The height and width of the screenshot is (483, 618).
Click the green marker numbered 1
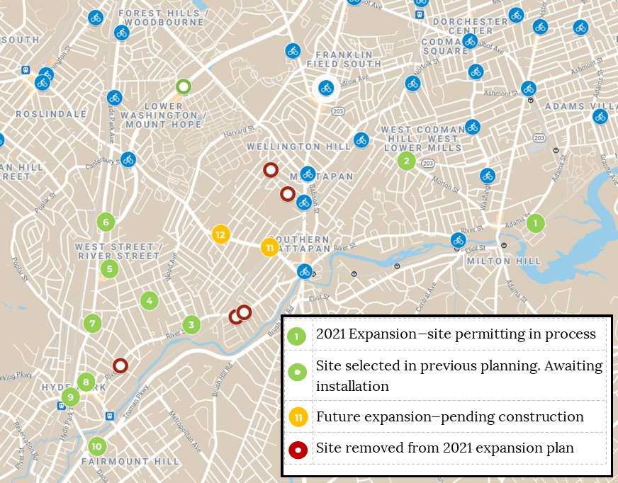coord(535,223)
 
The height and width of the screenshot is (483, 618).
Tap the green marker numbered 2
coord(406,161)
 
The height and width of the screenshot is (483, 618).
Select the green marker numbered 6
coord(106,222)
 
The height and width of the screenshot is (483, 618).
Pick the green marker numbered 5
coord(109,268)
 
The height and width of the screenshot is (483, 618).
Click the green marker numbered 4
coord(149,300)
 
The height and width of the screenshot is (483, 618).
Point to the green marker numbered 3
coord(191,325)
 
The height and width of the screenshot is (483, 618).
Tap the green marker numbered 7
coord(92,324)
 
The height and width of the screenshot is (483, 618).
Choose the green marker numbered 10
coord(97,446)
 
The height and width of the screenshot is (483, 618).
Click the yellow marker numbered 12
coord(220,234)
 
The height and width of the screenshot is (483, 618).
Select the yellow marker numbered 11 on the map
coord(269,247)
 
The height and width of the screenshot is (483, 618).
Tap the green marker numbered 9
coord(69,397)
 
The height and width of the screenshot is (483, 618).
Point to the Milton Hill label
coord(498,261)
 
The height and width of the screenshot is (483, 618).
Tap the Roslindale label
coord(51,114)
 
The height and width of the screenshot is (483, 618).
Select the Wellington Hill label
coord(298,147)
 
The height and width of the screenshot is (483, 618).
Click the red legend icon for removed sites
coord(298,448)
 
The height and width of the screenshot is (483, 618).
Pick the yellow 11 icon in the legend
coord(298,417)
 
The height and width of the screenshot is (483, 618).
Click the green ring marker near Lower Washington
coord(184,87)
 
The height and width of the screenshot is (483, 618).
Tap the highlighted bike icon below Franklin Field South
coord(325,88)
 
